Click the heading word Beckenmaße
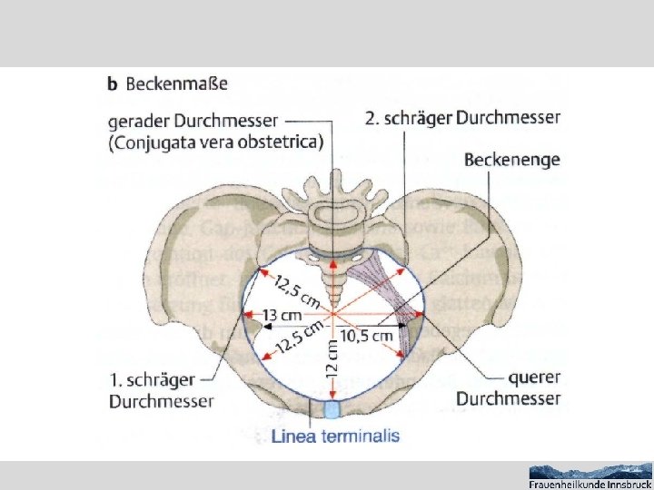pos(176,84)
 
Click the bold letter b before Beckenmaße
pos(113,84)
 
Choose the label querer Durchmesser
pos(508,388)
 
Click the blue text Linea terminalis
pos(335,436)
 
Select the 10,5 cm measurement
pos(369,336)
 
